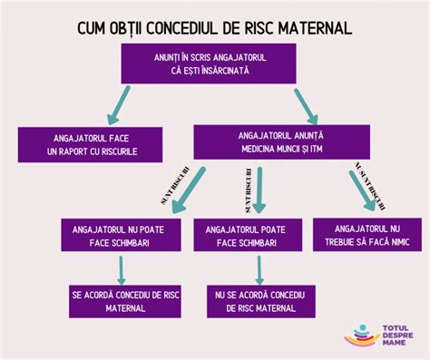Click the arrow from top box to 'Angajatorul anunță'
click(x=301, y=105)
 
